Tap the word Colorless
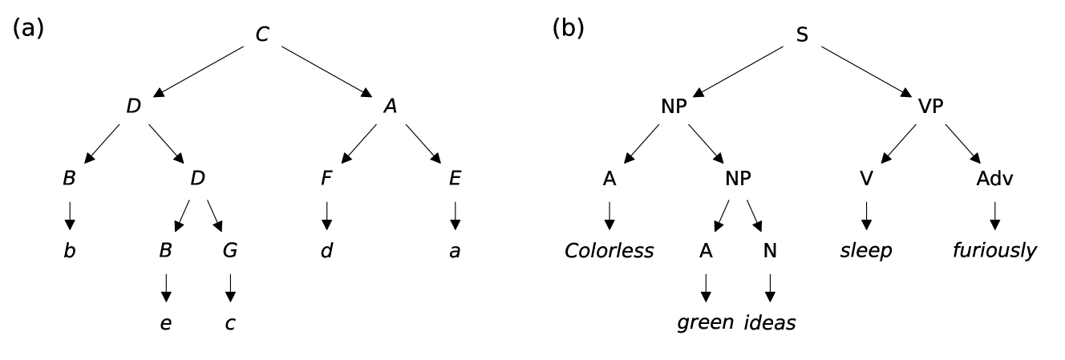(609, 251)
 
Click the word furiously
(994, 251)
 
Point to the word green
(705, 323)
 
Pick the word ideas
(771, 323)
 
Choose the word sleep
(865, 251)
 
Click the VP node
(930, 107)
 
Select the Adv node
(994, 179)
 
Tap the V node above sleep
(865, 179)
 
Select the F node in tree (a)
(326, 179)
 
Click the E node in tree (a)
(456, 179)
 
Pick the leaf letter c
(230, 323)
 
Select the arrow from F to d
(326, 214)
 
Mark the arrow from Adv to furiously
(994, 214)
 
